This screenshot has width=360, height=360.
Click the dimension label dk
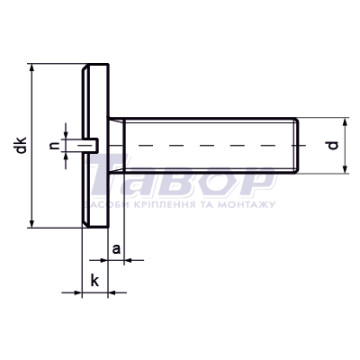(22, 145)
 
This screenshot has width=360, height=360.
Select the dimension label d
(333, 145)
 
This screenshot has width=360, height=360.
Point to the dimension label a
(116, 249)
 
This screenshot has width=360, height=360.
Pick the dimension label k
(95, 281)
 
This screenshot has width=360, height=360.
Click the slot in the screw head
(90, 145)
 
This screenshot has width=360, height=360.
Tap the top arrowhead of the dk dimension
(32, 68)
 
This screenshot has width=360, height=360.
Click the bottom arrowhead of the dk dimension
(32, 223)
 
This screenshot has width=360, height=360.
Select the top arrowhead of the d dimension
(345, 122)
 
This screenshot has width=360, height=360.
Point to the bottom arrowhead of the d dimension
(345, 169)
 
